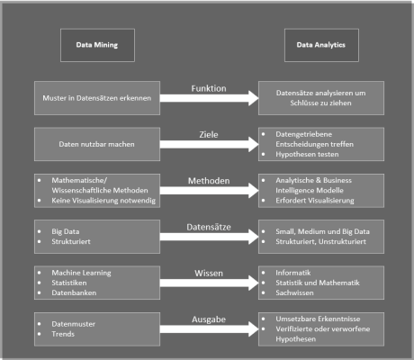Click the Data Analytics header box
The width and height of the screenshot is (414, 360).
click(x=320, y=41)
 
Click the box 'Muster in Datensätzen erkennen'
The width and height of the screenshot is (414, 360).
click(x=97, y=96)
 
